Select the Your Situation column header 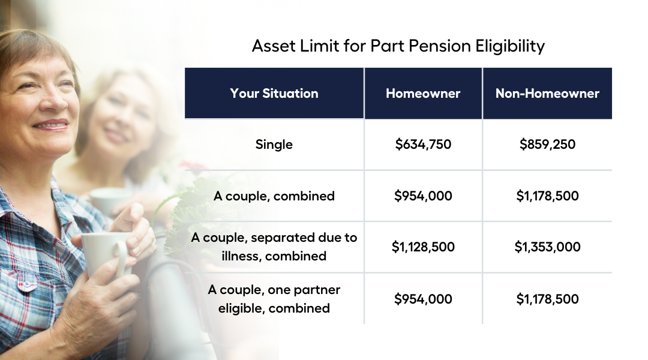274,94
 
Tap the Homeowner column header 423,94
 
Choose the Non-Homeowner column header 547,94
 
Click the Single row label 274,144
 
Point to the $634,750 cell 423,144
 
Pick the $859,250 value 547,144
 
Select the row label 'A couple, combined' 274,196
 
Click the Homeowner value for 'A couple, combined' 423,196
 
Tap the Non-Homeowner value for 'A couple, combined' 547,196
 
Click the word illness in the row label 241,256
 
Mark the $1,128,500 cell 423,247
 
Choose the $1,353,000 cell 547,247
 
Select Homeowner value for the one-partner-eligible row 423,299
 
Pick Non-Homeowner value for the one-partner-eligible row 547,299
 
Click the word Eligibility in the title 510,46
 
